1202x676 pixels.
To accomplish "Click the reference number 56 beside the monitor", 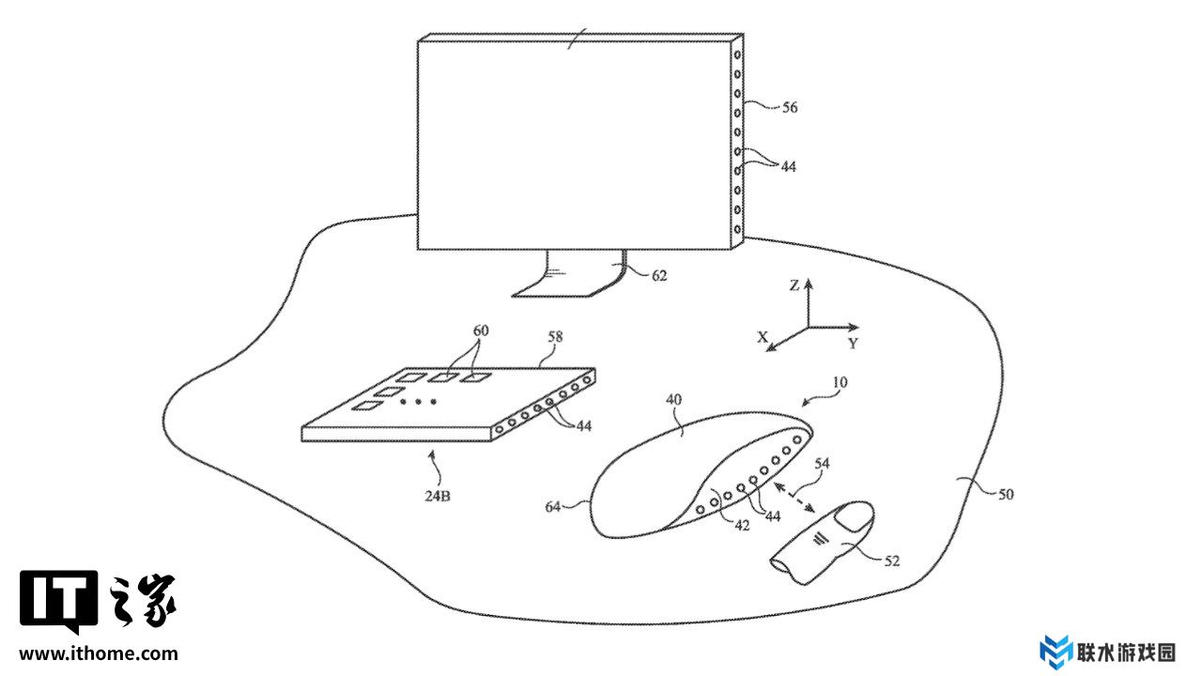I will [789, 108].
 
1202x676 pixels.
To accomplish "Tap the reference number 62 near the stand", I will [659, 275].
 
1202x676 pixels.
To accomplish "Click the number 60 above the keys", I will [481, 330].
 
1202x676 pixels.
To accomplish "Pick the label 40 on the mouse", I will [673, 398].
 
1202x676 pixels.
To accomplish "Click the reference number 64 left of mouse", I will [553, 507].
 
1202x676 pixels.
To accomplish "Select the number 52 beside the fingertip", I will [891, 561].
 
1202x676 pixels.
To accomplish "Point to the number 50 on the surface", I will [1006, 494].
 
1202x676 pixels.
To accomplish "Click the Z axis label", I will [794, 285].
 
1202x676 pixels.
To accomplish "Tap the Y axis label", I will [853, 344].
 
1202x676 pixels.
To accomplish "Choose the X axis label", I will [763, 336].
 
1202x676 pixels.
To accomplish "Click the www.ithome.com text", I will [99, 653].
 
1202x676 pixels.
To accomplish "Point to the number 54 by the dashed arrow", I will [822, 463].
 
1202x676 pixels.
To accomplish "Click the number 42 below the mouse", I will [742, 526].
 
